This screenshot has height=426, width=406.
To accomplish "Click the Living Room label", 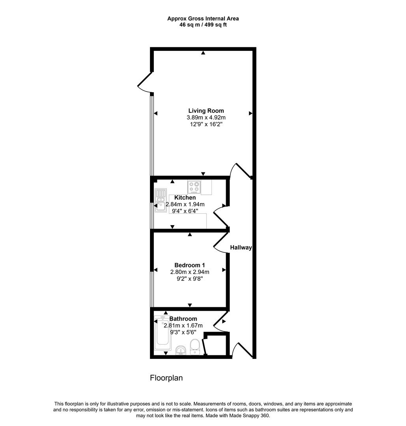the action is coord(206,110).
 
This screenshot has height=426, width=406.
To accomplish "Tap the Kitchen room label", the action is coord(185,198).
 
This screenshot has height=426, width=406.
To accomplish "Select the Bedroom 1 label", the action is coord(190,265).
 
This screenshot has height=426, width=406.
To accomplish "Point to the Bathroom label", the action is coord(183,319).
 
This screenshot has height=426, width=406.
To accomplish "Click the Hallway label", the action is coord(241,247).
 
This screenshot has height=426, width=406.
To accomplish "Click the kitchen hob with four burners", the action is coord(194,187).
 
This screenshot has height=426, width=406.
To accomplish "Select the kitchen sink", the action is coord(161,200).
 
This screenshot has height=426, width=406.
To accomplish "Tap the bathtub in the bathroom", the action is coord(163,333).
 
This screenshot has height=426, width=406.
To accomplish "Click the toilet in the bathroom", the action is coord(195,347).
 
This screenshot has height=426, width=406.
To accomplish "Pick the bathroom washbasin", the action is coord(180,350).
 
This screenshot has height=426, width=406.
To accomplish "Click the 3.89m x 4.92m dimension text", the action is coord(206,118).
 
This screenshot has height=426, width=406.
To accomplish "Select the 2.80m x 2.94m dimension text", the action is coord(190,272).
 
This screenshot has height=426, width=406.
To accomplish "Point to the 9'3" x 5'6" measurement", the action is coord(183,332).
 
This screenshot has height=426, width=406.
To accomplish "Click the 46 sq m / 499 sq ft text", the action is coord(203,25).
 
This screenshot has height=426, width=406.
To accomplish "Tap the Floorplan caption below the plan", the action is coord(167,378).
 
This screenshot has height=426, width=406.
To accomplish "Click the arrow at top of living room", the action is coord(203,53).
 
